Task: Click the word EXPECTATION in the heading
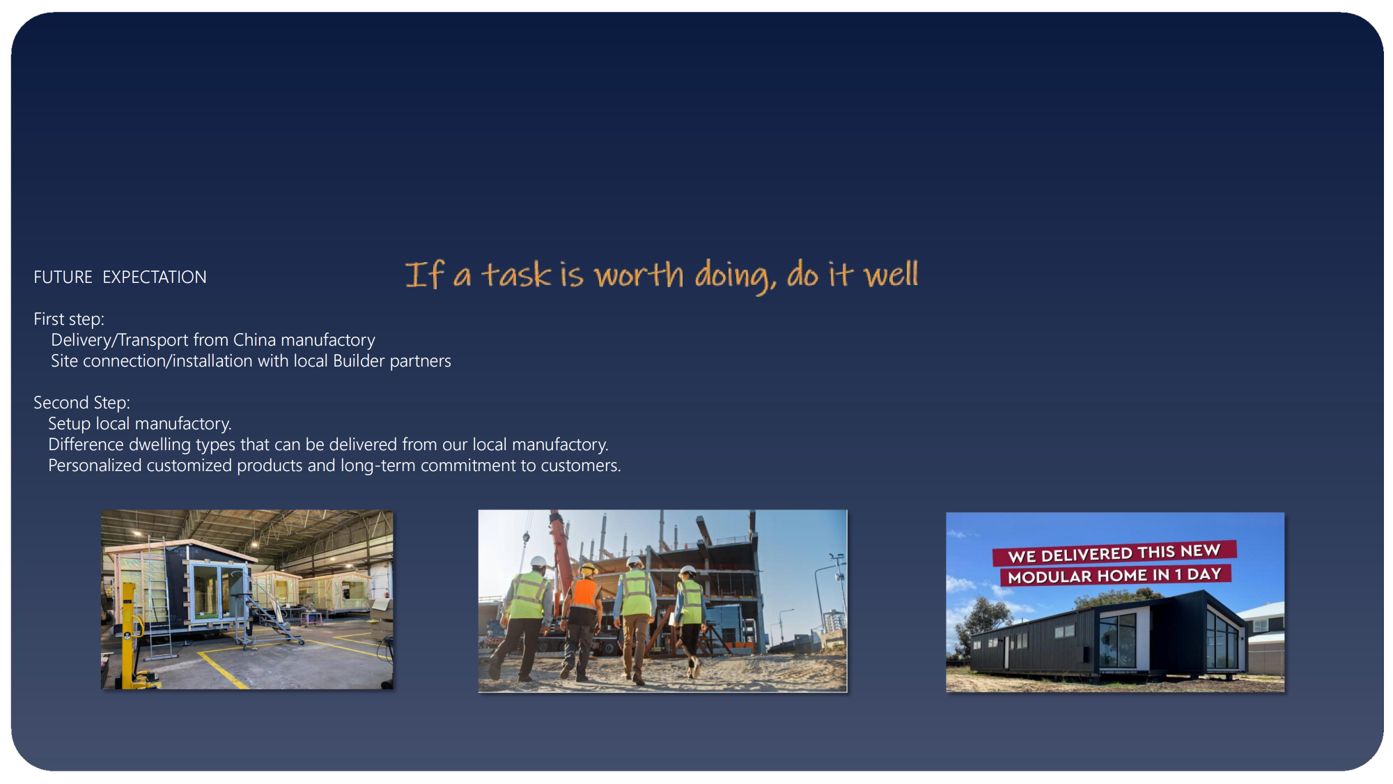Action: [155, 277]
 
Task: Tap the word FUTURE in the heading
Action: [63, 277]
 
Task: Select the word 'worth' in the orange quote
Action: [639, 275]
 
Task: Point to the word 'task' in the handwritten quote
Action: [516, 275]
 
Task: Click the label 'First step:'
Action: [69, 319]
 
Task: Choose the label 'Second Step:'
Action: [81, 403]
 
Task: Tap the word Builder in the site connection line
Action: [359, 361]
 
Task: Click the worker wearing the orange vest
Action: [582, 620]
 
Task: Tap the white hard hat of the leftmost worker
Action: [538, 562]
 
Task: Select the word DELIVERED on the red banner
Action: [1087, 554]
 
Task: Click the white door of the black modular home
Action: [1006, 652]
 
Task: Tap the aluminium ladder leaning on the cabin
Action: [158, 599]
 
